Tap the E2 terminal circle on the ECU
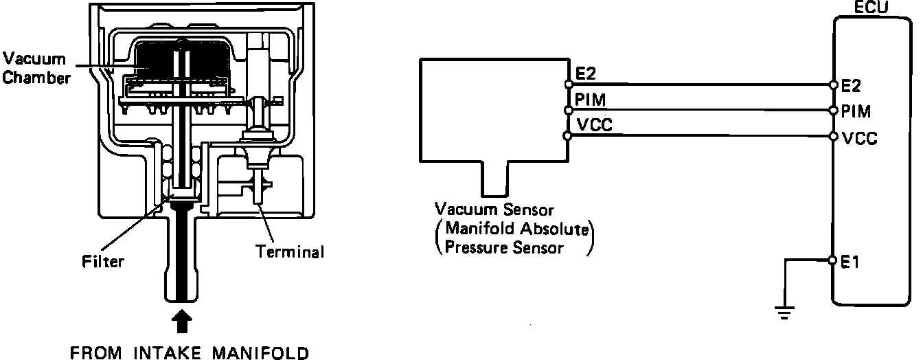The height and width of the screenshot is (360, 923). [833, 85]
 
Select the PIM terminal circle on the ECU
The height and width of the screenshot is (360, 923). [833, 110]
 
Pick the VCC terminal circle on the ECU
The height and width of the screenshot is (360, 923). [833, 135]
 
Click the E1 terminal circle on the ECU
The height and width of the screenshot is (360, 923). [833, 260]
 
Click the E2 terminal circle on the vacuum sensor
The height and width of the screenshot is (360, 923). [568, 85]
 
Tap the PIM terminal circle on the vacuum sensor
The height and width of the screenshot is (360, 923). [568, 110]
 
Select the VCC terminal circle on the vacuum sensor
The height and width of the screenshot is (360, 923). [568, 135]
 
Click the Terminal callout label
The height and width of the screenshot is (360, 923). [290, 251]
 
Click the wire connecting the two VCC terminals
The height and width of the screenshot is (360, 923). [700, 135]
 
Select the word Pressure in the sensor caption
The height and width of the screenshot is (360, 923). [470, 247]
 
